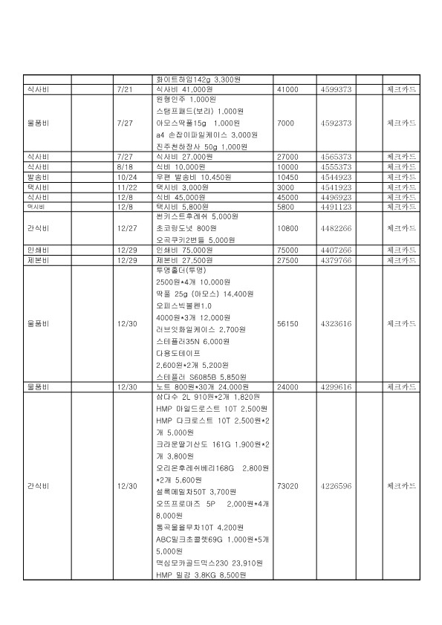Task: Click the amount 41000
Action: tap(287, 89)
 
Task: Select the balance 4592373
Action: tap(336, 123)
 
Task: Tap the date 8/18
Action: tap(123, 167)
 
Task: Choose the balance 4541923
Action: tap(336, 188)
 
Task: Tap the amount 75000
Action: tap(287, 250)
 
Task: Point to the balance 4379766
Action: tap(336, 261)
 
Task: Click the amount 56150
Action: tap(287, 324)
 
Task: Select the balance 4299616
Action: tap(336, 387)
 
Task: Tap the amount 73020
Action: tap(287, 486)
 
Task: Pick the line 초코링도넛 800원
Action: tap(189, 228)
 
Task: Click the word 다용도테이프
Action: tap(178, 354)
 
